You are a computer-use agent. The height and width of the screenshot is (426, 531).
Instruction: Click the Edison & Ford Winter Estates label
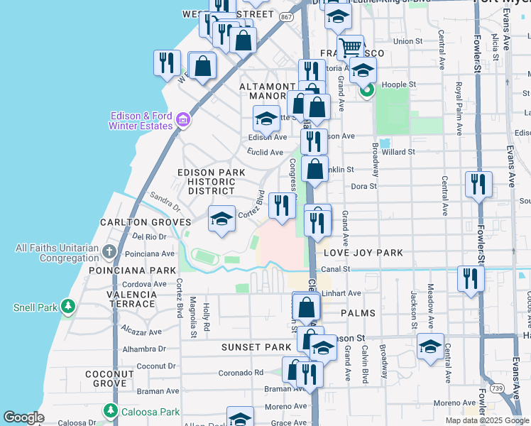tap(141, 121)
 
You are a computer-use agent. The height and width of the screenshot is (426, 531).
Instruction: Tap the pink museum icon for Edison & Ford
tap(183, 119)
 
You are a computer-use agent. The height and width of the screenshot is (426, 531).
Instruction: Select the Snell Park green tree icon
tap(67, 307)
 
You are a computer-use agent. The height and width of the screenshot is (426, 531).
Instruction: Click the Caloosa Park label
tap(145, 411)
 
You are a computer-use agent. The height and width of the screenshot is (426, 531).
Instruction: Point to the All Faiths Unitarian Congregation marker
tap(109, 251)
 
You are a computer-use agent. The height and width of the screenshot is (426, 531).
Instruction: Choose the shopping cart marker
tap(350, 48)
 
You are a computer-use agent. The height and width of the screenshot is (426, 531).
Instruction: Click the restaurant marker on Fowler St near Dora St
tap(478, 184)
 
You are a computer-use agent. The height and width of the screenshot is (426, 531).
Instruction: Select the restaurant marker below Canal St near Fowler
tap(469, 278)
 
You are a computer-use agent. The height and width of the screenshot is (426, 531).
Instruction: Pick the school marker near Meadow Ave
tap(430, 346)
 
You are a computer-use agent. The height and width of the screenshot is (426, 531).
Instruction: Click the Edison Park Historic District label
tap(212, 182)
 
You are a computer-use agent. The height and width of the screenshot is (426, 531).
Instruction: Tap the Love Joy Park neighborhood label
tap(363, 253)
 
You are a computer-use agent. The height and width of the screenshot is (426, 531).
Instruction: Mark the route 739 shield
tap(498, 388)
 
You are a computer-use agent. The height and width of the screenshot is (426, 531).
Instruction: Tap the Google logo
tap(24, 418)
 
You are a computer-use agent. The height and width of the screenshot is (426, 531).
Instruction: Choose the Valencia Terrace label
tap(133, 299)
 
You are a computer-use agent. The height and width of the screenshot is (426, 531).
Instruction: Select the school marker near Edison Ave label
tap(267, 119)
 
